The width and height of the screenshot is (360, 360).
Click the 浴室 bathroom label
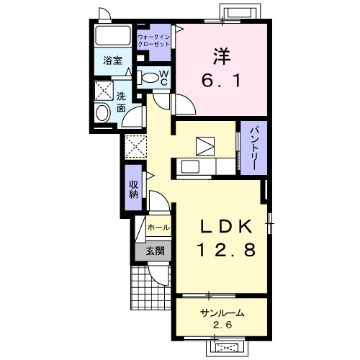click(x=113, y=60)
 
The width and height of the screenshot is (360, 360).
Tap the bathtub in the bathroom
click(x=113, y=35)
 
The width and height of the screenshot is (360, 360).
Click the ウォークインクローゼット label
click(x=154, y=40)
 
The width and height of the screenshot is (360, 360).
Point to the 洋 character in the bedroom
click(x=222, y=57)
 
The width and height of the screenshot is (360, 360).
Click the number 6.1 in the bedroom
click(x=221, y=81)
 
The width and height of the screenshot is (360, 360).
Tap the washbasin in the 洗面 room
click(x=102, y=113)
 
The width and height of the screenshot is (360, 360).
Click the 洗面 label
click(x=121, y=102)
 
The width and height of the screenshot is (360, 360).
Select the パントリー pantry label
click(x=254, y=148)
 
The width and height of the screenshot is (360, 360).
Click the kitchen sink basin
click(x=190, y=166)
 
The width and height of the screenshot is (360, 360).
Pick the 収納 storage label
click(x=134, y=189)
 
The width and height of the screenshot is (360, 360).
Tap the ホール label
click(x=158, y=227)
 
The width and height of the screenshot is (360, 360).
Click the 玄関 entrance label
click(x=156, y=251)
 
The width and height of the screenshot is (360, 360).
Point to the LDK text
click(x=226, y=226)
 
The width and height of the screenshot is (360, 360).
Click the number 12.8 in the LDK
click(x=226, y=250)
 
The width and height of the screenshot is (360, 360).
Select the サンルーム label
click(x=222, y=313)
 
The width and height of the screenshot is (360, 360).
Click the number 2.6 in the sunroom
click(x=222, y=325)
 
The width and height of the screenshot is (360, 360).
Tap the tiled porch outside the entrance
click(x=150, y=287)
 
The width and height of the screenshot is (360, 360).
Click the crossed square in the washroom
click(x=104, y=91)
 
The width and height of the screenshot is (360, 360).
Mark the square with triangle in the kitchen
click(x=205, y=146)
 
